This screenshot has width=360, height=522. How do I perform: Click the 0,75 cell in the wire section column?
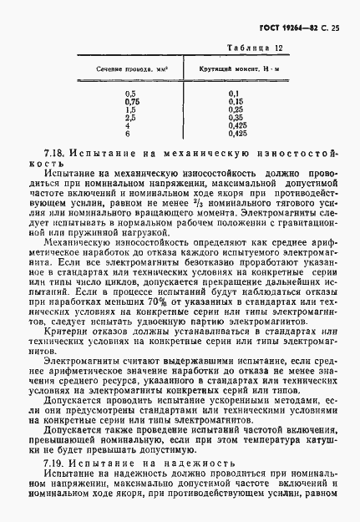(130, 101)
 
